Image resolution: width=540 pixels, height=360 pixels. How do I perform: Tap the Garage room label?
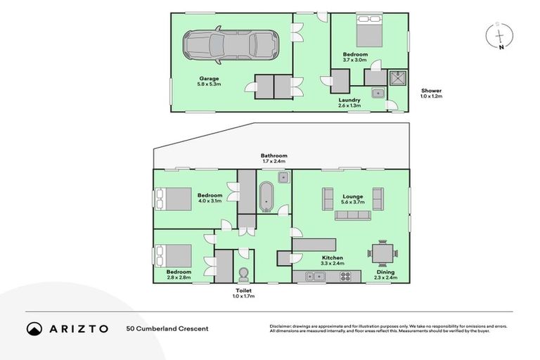point(210,78)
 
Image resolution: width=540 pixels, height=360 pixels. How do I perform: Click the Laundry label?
point(349,100)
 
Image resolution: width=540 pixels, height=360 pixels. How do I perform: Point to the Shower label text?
point(431,91)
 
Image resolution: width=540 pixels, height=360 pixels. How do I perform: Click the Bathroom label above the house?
point(274,155)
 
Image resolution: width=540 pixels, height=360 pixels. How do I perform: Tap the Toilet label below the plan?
point(245,290)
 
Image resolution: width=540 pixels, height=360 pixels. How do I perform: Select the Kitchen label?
point(333,258)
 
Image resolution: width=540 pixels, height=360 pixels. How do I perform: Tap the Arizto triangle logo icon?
point(34,328)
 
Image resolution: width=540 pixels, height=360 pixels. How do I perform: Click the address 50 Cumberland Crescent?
point(167,328)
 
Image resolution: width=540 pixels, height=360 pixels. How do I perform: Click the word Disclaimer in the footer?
point(282,326)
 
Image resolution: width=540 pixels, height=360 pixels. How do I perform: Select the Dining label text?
point(385,272)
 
